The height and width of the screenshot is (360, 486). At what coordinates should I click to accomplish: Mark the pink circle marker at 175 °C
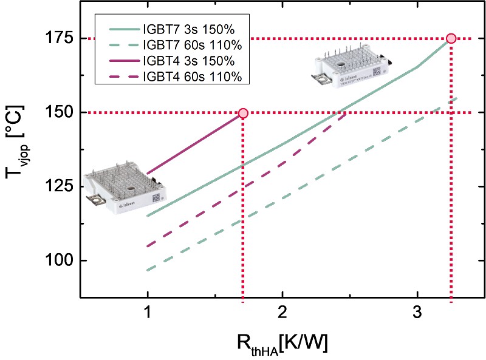[x=451, y=38]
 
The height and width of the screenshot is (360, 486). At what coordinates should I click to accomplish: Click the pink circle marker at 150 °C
[x=243, y=113]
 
